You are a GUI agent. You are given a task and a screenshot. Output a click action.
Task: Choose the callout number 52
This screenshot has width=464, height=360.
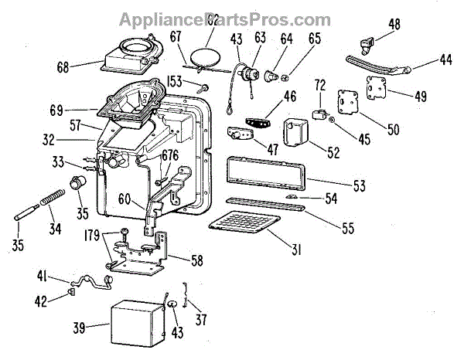click(333, 153)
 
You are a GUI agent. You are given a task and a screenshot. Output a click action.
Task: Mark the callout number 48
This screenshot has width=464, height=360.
click(394, 25)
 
